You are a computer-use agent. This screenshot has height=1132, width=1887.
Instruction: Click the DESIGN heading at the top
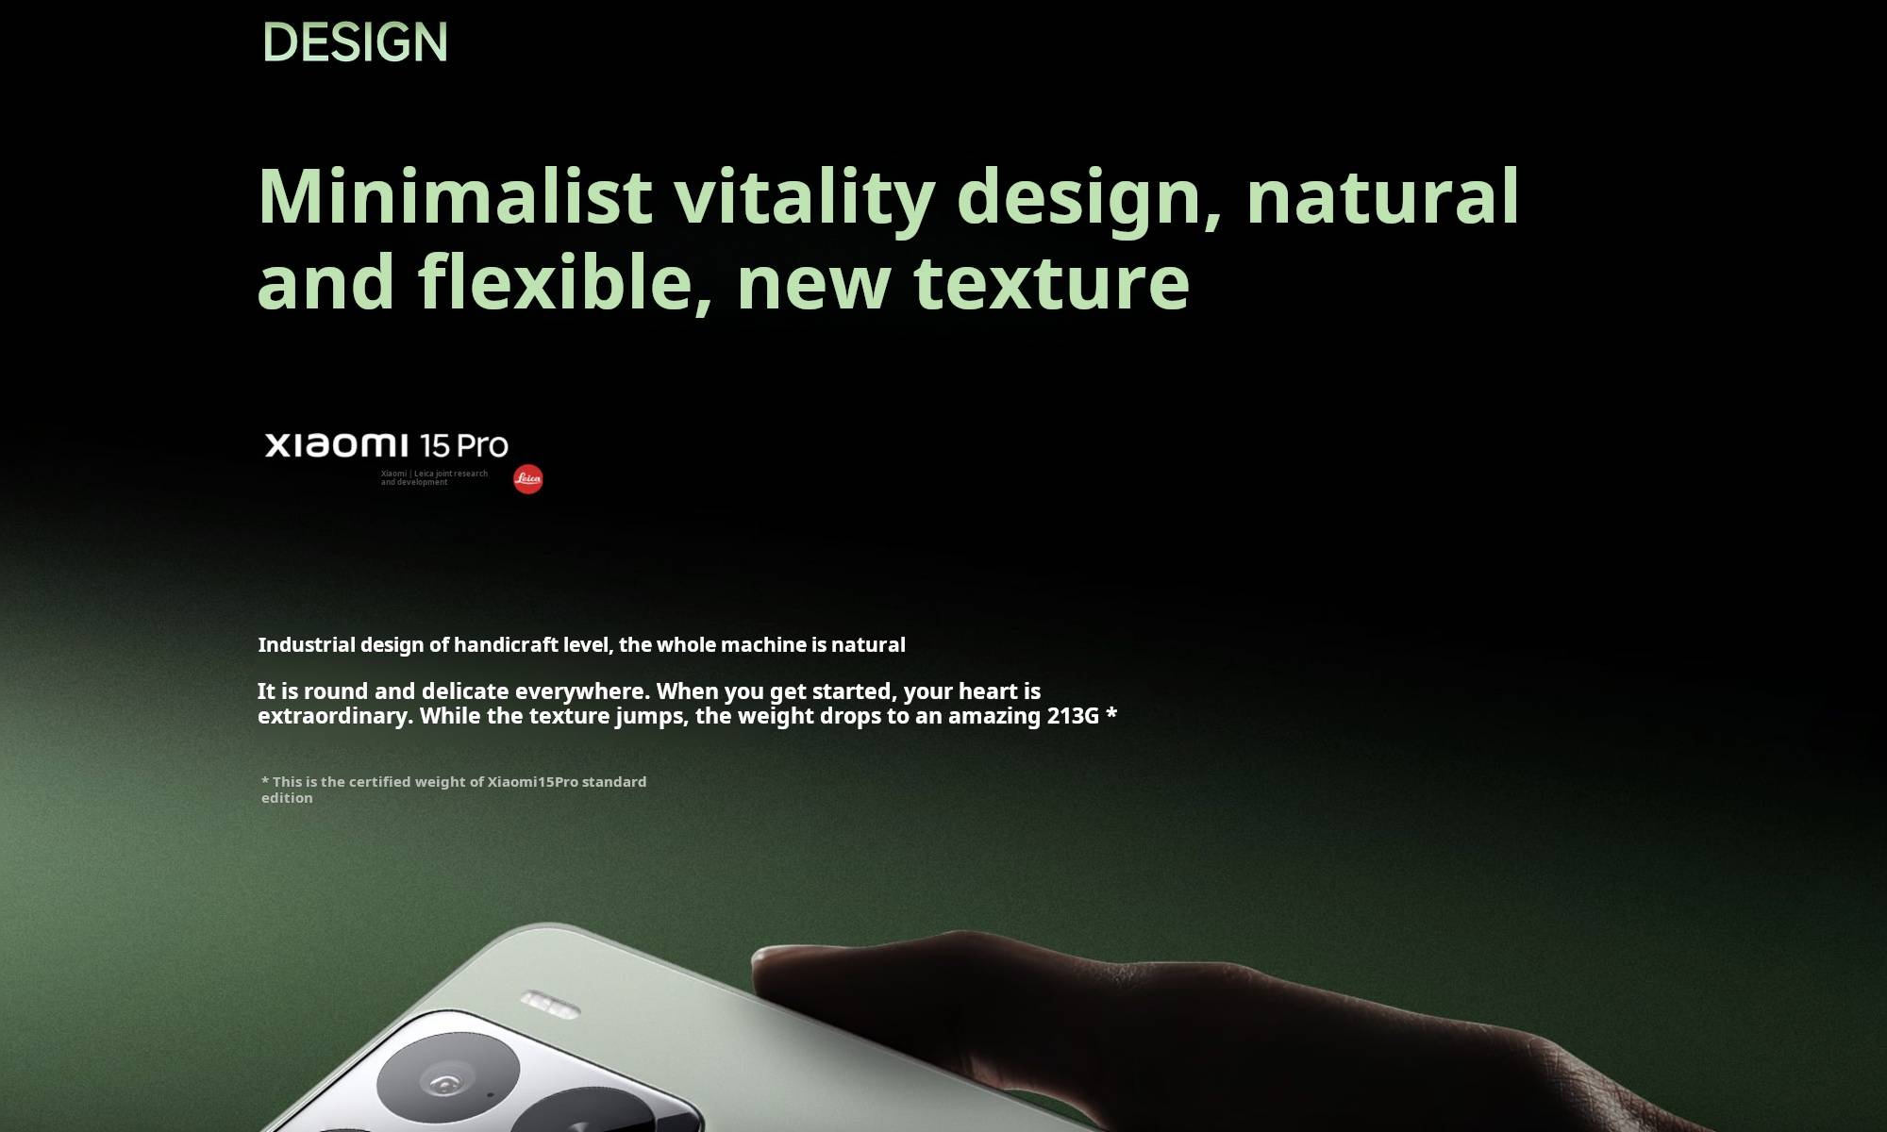[355, 42]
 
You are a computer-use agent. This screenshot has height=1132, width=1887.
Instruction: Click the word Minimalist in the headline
[455, 195]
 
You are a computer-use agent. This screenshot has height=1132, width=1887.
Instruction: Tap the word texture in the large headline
[1052, 282]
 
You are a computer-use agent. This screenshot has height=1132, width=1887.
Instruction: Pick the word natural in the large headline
[1382, 195]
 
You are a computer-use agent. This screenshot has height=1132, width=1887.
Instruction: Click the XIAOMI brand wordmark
[336, 445]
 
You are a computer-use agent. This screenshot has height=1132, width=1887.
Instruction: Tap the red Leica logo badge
[528, 479]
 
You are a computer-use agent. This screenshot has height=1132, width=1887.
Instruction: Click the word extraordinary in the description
[335, 716]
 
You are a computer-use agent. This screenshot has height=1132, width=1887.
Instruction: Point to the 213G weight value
[1073, 716]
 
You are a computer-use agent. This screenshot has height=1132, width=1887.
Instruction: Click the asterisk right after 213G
[1111, 713]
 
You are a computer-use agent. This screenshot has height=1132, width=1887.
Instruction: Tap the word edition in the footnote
[287, 798]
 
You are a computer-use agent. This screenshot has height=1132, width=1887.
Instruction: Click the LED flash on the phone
[550, 1005]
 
